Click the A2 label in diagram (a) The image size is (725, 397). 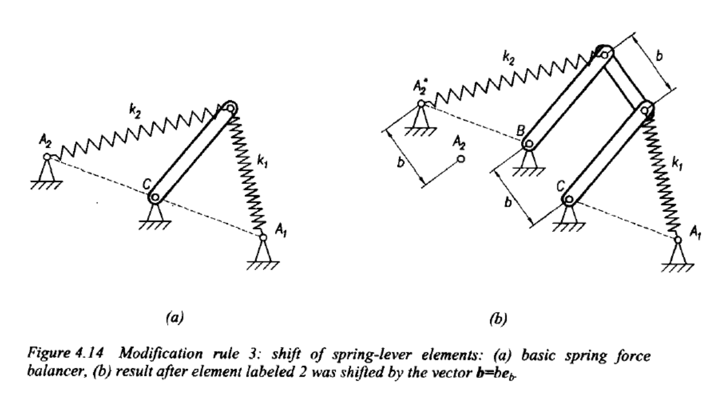point(45,141)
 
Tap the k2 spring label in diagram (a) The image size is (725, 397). point(135,112)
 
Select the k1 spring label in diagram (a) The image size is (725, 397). point(262,161)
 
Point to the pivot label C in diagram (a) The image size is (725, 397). point(147,185)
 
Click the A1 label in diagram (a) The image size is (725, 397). point(280,231)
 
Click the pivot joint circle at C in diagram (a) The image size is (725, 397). point(155,197)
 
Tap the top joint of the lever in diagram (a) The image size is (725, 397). point(230,108)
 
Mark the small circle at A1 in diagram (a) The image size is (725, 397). point(263,238)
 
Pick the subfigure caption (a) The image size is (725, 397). point(175,317)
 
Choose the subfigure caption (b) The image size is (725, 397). point(498,319)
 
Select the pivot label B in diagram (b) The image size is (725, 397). point(520,131)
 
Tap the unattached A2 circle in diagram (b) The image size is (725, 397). point(461,159)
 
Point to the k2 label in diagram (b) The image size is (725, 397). point(508,59)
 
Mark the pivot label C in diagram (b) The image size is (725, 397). point(561,186)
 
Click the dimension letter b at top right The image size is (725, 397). point(659,56)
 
